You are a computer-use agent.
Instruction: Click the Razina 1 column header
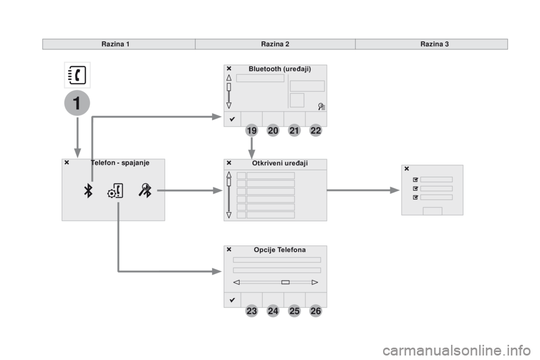[115, 44]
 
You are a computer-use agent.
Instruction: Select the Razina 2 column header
[275, 44]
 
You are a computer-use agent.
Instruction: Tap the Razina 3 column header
[434, 44]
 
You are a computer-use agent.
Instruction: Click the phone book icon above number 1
[77, 75]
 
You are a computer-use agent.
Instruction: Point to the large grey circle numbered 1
[77, 103]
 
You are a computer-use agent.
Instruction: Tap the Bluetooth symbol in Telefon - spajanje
[88, 191]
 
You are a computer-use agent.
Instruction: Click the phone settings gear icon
[115, 191]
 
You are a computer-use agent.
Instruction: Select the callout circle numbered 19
[252, 130]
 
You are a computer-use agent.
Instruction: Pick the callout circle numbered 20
[273, 130]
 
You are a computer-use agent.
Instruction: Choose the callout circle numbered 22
[316, 130]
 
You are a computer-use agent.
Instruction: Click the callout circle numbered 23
[252, 311]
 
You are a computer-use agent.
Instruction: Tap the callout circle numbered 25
[294, 311]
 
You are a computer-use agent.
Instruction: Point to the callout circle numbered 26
[316, 311]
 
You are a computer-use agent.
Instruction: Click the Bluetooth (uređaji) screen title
[280, 69]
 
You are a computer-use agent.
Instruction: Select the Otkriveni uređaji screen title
[280, 163]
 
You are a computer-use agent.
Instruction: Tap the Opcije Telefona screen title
[280, 250]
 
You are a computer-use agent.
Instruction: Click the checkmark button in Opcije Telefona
[232, 300]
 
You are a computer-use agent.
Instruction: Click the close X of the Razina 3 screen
[407, 169]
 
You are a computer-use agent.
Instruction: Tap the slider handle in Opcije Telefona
[286, 282]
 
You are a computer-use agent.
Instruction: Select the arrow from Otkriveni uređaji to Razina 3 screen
[363, 190]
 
